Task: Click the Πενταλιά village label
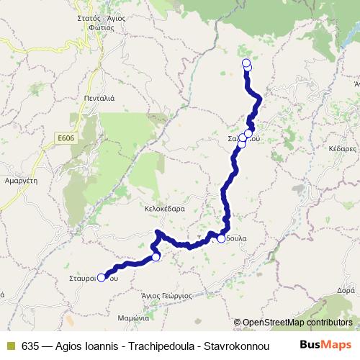tap(97, 97)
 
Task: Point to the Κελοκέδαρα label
tap(166, 208)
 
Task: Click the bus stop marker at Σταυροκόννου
tap(102, 276)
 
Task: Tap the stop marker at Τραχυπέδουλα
tap(221, 239)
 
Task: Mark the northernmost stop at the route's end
tap(246, 63)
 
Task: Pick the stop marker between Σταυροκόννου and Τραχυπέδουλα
tap(156, 257)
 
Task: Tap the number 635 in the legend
tap(30, 345)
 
